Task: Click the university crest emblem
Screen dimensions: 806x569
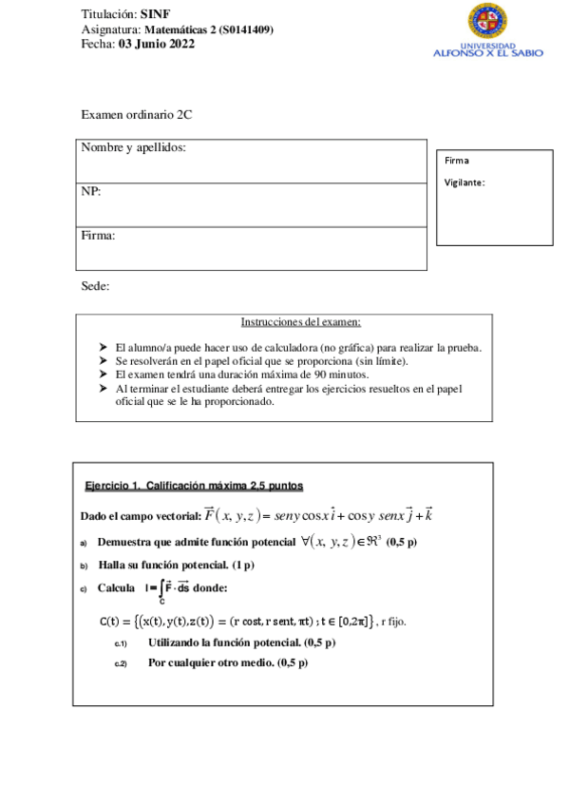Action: [487, 21]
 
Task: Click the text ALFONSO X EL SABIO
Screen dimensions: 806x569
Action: [487, 53]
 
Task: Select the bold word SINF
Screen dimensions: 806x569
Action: [155, 15]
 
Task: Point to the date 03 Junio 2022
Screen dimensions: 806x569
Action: [157, 44]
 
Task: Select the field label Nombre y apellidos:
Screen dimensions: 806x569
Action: [133, 147]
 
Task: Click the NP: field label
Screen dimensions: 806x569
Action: [91, 191]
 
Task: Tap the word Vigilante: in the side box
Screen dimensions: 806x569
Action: [465, 182]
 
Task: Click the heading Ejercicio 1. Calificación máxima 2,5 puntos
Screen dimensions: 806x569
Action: [194, 486]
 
